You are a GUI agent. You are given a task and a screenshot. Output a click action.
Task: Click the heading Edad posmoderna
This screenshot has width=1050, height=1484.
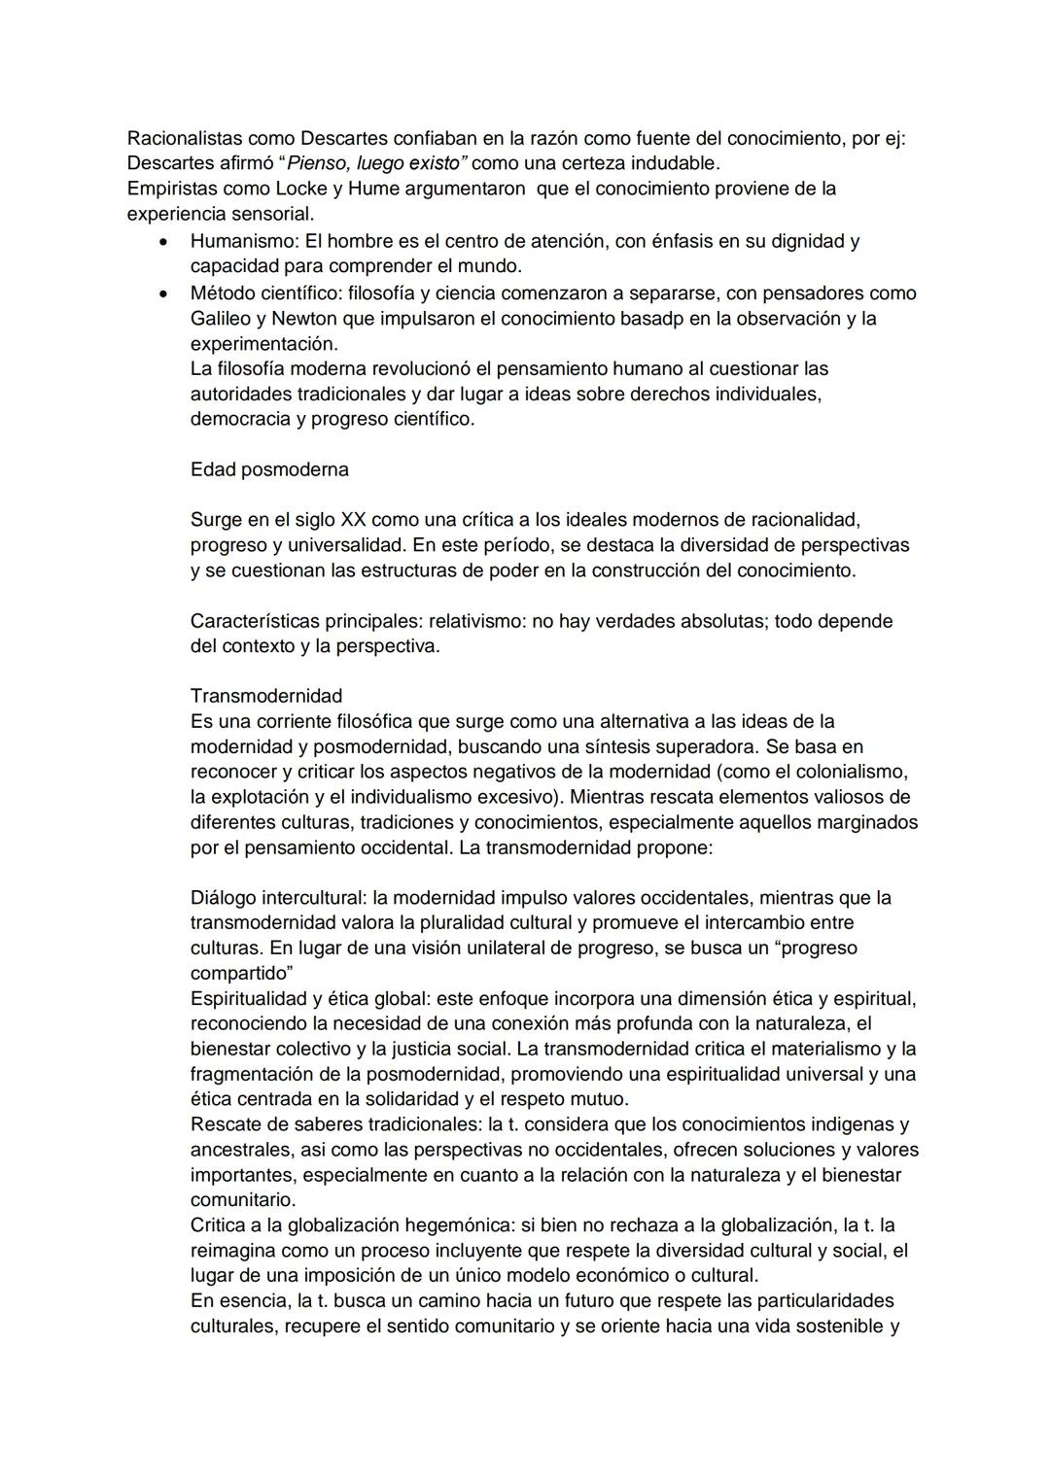pyautogui.click(x=269, y=469)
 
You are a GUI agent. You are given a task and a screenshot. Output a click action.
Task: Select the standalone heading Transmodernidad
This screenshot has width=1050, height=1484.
pyautogui.click(x=266, y=696)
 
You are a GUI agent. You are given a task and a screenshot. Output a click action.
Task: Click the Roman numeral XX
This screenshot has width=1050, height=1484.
pyautogui.click(x=353, y=520)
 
